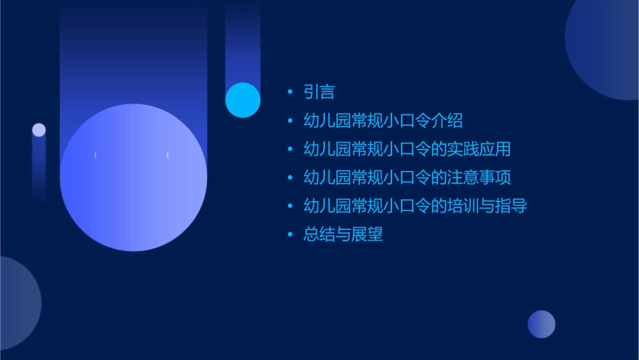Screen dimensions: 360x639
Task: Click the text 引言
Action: pyautogui.click(x=319, y=92)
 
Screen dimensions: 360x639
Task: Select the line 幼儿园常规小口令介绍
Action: pyautogui.click(x=383, y=121)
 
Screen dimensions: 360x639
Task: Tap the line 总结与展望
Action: pyautogui.click(x=343, y=235)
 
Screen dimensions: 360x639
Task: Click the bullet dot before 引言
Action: pyautogui.click(x=290, y=92)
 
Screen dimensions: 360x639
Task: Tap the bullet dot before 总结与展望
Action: pyautogui.click(x=290, y=235)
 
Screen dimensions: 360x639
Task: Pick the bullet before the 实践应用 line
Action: pyautogui.click(x=290, y=149)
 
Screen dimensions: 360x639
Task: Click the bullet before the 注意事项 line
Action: pyautogui.click(x=290, y=178)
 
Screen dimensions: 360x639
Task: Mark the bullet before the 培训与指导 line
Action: pyautogui.click(x=290, y=206)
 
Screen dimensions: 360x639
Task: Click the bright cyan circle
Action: pyautogui.click(x=243, y=100)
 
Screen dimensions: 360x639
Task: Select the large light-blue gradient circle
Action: pyautogui.click(x=133, y=177)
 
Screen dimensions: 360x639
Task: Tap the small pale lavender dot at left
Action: pyautogui.click(x=39, y=130)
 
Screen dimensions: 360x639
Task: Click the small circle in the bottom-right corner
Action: pyautogui.click(x=541, y=324)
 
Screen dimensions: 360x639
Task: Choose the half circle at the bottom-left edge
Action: pyautogui.click(x=17, y=303)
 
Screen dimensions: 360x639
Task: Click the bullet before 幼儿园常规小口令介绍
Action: pyautogui.click(x=290, y=121)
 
